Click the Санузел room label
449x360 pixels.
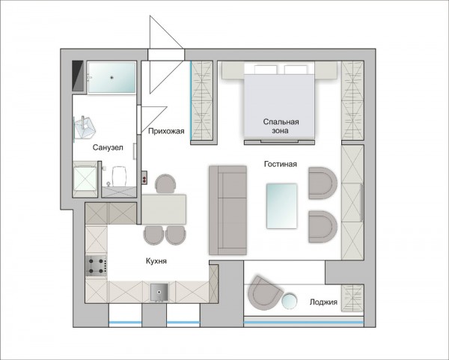[x=108, y=147]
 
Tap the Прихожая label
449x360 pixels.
[x=166, y=131]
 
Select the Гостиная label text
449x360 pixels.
[x=281, y=164]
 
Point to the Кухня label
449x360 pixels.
[x=156, y=261]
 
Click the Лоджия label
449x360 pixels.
[x=323, y=302]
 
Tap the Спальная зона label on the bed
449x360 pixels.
[x=281, y=126]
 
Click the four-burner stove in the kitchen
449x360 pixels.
[x=97, y=266]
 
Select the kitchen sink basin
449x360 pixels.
[x=159, y=293]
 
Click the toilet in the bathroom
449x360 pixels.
[x=119, y=177]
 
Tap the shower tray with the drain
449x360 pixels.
[x=112, y=77]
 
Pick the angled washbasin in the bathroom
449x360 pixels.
[x=84, y=128]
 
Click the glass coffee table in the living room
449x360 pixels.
[x=282, y=207]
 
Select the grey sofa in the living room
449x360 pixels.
[x=227, y=210]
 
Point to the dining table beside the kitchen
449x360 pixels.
[x=164, y=209]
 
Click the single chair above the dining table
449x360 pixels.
[x=165, y=184]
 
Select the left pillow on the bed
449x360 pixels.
[x=266, y=70]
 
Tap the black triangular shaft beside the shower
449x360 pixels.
[x=77, y=76]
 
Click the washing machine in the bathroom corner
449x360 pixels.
[x=85, y=179]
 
